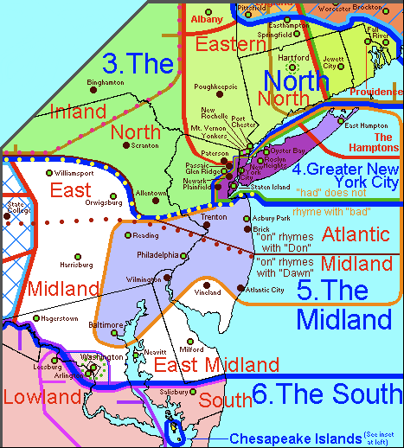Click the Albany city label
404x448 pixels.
click(208, 18)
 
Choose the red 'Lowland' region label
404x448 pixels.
click(41, 398)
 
